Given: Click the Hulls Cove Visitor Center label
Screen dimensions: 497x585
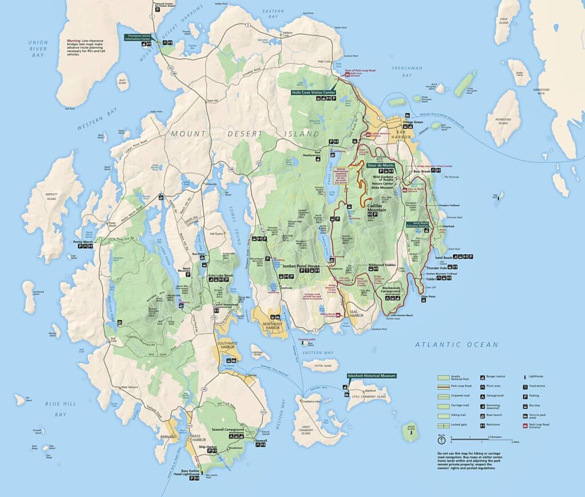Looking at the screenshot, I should (313, 91).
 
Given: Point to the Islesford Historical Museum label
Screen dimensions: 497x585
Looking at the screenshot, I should (371, 376).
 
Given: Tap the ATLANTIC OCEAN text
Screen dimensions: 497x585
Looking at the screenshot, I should (456, 344).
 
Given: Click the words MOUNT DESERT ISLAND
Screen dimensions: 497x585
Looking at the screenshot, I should (244, 134).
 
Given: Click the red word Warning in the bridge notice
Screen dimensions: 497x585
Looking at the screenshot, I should (74, 41).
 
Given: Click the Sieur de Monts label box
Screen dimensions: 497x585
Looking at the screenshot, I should (380, 164).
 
